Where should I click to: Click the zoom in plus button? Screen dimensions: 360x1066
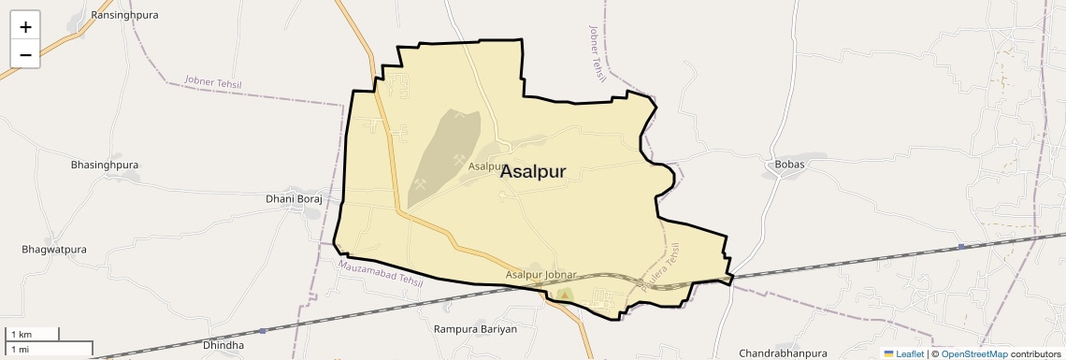coord(25,26)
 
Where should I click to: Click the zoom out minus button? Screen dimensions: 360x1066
coord(25,54)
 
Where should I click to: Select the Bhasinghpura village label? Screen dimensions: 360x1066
coord(105,165)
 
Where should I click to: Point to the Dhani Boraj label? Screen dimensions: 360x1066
coord(294,199)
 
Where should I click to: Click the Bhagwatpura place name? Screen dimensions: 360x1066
coord(54,250)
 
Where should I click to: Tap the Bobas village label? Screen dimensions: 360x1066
coord(789,165)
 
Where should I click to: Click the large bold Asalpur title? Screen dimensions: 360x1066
coord(545,172)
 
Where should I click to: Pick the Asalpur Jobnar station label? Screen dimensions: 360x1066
coord(540,275)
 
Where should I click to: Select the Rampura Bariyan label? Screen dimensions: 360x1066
coord(476,329)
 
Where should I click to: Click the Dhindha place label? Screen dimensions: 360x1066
coord(223,345)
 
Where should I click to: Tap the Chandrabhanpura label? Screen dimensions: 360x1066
coord(783,353)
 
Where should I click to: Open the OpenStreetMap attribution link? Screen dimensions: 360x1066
coord(974,354)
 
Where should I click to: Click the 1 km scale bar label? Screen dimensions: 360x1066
coord(21,334)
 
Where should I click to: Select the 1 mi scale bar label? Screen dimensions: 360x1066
coord(20,349)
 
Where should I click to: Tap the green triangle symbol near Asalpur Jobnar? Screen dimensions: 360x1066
coord(564,295)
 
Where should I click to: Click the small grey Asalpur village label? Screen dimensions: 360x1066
coord(487,166)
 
